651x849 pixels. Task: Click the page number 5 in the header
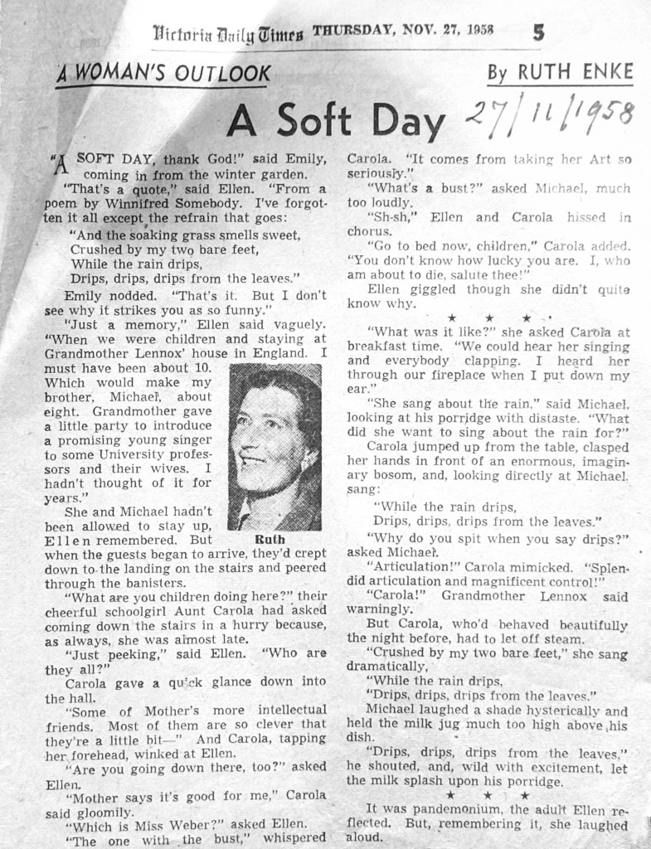click(x=539, y=32)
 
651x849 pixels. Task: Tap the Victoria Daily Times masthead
click(x=228, y=33)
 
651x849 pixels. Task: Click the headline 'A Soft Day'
click(x=335, y=121)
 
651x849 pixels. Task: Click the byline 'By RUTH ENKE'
click(x=560, y=72)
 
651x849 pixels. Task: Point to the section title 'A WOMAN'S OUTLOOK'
click(x=163, y=73)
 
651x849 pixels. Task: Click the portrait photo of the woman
click(x=274, y=447)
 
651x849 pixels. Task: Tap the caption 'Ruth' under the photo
click(x=274, y=539)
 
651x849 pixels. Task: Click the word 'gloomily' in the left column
click(x=103, y=813)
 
